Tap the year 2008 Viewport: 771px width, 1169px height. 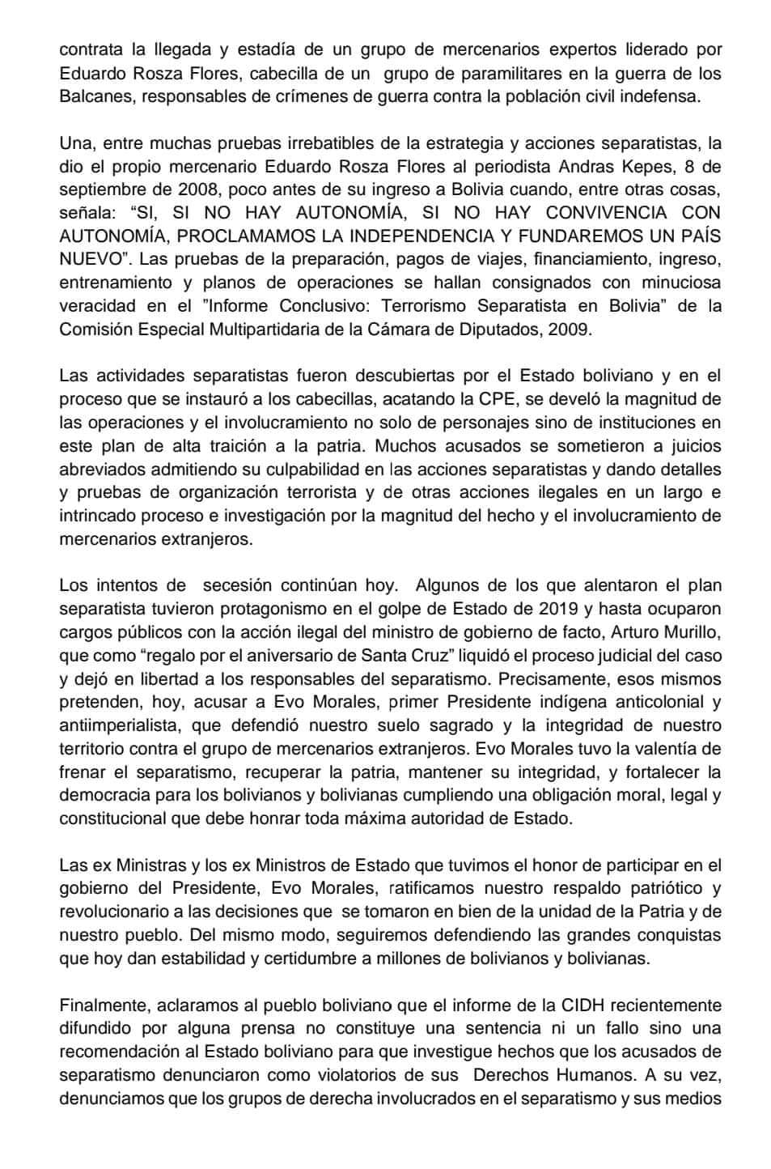pyautogui.click(x=200, y=190)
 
